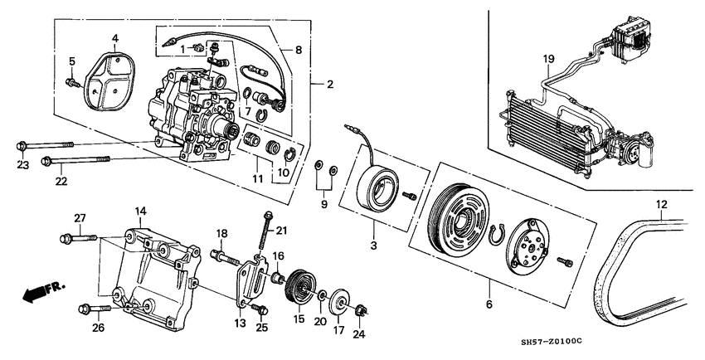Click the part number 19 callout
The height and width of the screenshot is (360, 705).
click(548, 58)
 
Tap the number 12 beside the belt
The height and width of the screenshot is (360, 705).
click(661, 204)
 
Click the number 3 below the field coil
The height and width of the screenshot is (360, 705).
click(374, 246)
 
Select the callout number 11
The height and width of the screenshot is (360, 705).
click(257, 178)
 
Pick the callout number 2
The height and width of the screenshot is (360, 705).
click(329, 84)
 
